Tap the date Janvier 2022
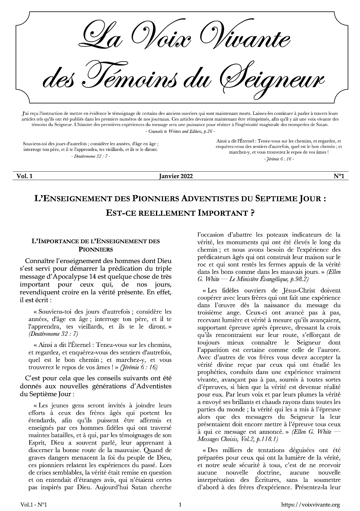coord(176,176)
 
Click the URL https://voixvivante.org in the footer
coord(310,505)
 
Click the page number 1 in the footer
coord(180,505)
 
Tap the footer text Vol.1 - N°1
coord(34,505)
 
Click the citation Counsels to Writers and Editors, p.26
coord(180,131)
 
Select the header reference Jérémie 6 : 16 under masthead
coord(279,159)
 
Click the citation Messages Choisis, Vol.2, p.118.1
coord(237,439)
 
